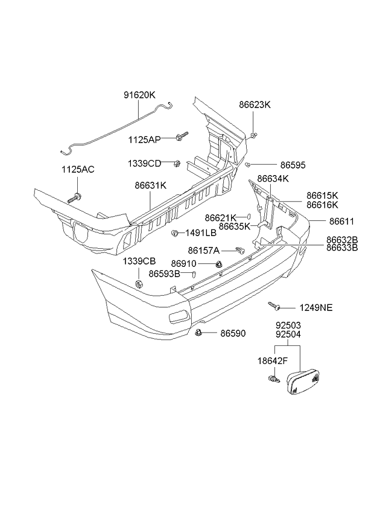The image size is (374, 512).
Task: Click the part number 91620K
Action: point(139,95)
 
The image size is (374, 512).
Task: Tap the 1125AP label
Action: point(144,139)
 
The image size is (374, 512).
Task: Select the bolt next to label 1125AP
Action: point(181,136)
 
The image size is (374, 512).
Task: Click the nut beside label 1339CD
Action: point(176,163)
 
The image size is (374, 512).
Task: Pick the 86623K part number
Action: point(255,104)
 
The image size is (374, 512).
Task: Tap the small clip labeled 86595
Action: point(248,164)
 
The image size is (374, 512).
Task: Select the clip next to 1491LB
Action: point(175,233)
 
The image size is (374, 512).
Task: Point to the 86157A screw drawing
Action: point(239,249)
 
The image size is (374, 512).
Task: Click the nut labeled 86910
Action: point(219,264)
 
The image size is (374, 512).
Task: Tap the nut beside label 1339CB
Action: point(139,284)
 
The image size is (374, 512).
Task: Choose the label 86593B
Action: point(164,274)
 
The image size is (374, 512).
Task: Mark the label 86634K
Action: point(273,179)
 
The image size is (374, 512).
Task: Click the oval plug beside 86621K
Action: point(247,217)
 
